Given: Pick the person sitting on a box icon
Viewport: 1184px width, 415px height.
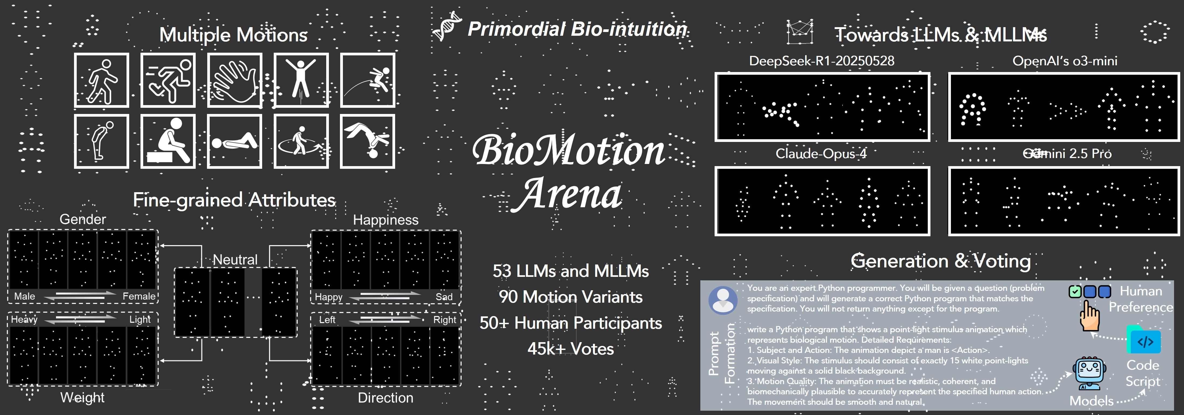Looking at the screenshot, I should point(168,141).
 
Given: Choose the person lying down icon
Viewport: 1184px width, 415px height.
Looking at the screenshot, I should point(234,141).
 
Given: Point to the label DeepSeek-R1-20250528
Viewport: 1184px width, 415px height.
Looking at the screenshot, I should point(821,61).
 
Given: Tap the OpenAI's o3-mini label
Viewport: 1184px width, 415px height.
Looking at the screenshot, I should point(1064,61).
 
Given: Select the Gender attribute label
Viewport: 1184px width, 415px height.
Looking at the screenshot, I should point(83,219).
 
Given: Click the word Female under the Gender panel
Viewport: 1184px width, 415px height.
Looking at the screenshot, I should point(139,296).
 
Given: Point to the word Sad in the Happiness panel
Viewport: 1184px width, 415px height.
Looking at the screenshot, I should point(444,297).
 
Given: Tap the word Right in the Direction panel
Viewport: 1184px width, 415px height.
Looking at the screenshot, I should point(444,320).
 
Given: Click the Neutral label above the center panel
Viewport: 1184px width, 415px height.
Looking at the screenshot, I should point(235,260).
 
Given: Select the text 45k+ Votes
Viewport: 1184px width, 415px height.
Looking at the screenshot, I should point(570,349).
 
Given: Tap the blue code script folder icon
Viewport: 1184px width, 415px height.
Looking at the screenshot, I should point(1144,340).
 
